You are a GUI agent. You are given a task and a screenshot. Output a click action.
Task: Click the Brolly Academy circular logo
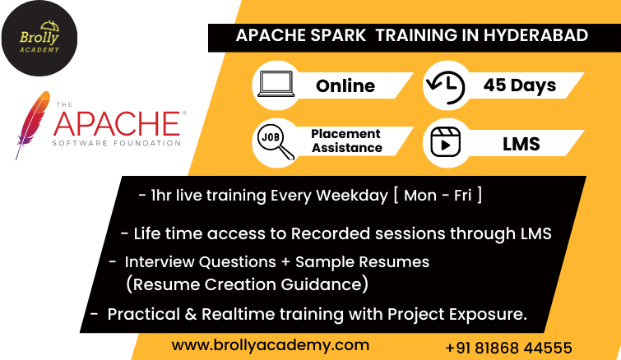pyautogui.click(x=39, y=39)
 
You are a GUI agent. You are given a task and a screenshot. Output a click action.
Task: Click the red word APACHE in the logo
pyautogui.click(x=118, y=124)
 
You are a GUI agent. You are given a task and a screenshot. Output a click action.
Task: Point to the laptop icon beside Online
pyautogui.click(x=276, y=84)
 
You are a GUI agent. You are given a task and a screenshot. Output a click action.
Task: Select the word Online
pyautogui.click(x=345, y=85)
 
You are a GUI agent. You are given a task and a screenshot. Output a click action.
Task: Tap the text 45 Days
pyautogui.click(x=520, y=85)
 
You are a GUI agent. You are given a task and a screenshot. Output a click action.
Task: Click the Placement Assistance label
pyautogui.click(x=346, y=141)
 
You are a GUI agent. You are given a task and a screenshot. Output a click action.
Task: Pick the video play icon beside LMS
pyautogui.click(x=446, y=142)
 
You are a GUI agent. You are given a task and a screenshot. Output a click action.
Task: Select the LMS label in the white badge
pyautogui.click(x=521, y=144)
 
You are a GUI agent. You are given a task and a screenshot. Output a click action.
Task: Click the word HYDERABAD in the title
pyautogui.click(x=535, y=35)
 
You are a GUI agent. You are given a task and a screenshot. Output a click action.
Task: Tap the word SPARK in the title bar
pyautogui.click(x=338, y=35)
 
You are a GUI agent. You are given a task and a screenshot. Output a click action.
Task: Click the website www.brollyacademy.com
pyautogui.click(x=271, y=345)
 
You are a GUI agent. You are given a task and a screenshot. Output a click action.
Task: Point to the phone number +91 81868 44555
pyautogui.click(x=508, y=348)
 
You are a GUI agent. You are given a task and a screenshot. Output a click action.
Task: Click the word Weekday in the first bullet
pyautogui.click(x=352, y=196)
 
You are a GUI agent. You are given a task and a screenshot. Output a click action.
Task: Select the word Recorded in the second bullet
pyautogui.click(x=331, y=233)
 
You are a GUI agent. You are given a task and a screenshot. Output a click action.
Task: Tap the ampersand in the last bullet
pyautogui.click(x=191, y=314)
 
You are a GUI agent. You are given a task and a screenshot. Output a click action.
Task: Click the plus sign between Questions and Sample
pyautogui.click(x=285, y=262)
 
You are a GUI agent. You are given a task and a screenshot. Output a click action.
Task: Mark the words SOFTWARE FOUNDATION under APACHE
pyautogui.click(x=117, y=143)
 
